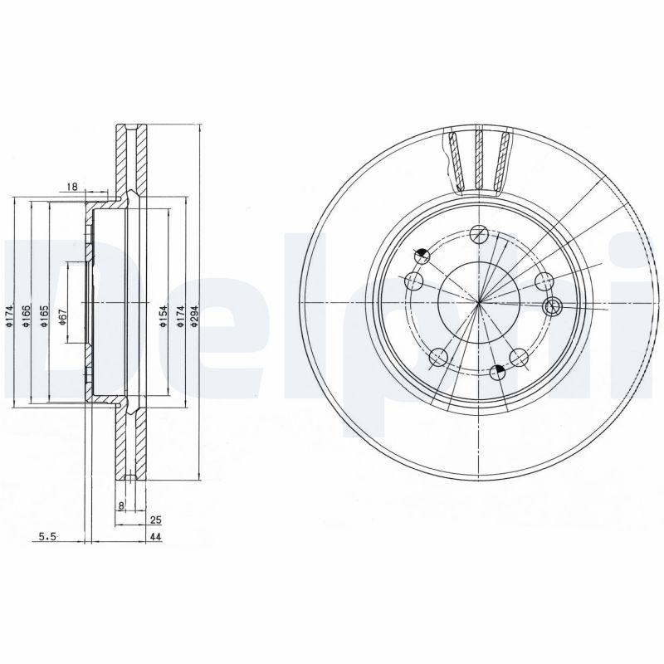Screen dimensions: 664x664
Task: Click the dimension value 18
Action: (72, 188)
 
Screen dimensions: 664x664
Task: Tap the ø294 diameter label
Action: (193, 317)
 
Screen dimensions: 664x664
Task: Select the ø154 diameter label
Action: (164, 317)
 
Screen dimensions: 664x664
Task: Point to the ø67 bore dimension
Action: (64, 317)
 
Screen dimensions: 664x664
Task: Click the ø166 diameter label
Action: (27, 317)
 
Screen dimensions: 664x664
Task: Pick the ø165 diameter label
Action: (44, 317)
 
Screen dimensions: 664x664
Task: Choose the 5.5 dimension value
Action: (46, 539)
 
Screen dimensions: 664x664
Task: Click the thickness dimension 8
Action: (121, 505)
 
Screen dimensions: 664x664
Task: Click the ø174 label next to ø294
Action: (178, 317)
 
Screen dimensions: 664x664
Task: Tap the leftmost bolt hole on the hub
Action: (413, 279)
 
